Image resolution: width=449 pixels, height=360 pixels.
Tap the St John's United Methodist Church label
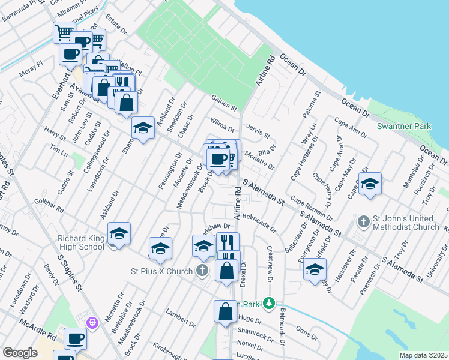[405, 223]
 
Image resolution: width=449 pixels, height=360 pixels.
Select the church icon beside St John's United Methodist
[363, 222]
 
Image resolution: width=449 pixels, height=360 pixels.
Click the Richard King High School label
[81, 242]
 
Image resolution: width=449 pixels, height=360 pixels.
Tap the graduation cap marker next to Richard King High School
[119, 233]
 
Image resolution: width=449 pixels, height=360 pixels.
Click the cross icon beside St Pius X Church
[203, 271]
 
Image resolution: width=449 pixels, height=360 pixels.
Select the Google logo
[20, 353]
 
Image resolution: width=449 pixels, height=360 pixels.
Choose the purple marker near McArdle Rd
[92, 323]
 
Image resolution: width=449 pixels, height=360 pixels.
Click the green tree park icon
[270, 304]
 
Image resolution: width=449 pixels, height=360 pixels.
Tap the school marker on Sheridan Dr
[143, 128]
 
